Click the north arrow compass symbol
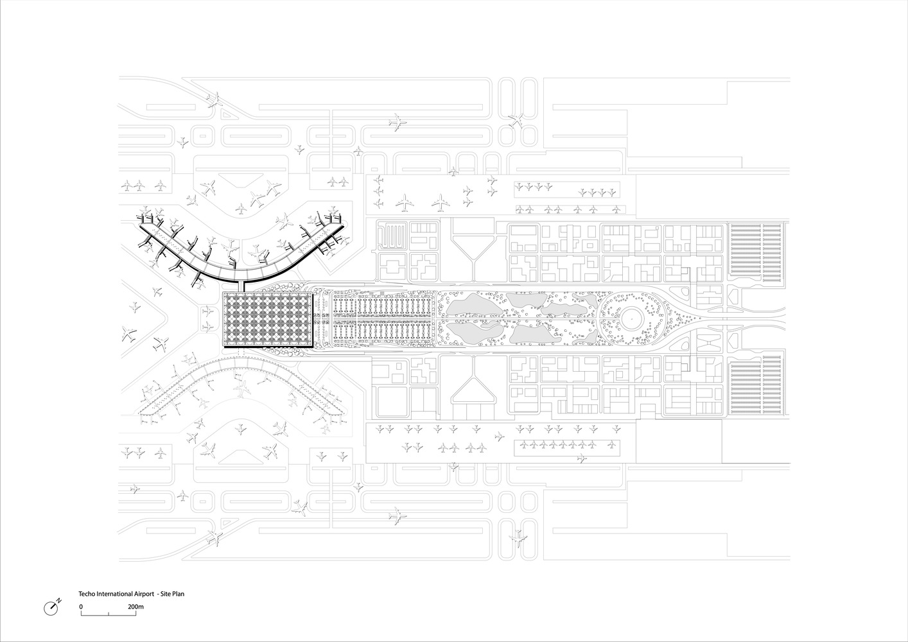(52, 606)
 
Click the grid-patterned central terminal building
(266, 319)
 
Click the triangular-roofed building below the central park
(473, 388)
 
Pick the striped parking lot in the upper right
(756, 252)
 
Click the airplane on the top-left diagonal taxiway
(215, 100)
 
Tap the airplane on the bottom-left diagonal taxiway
(216, 537)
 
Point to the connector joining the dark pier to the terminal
(241, 286)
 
